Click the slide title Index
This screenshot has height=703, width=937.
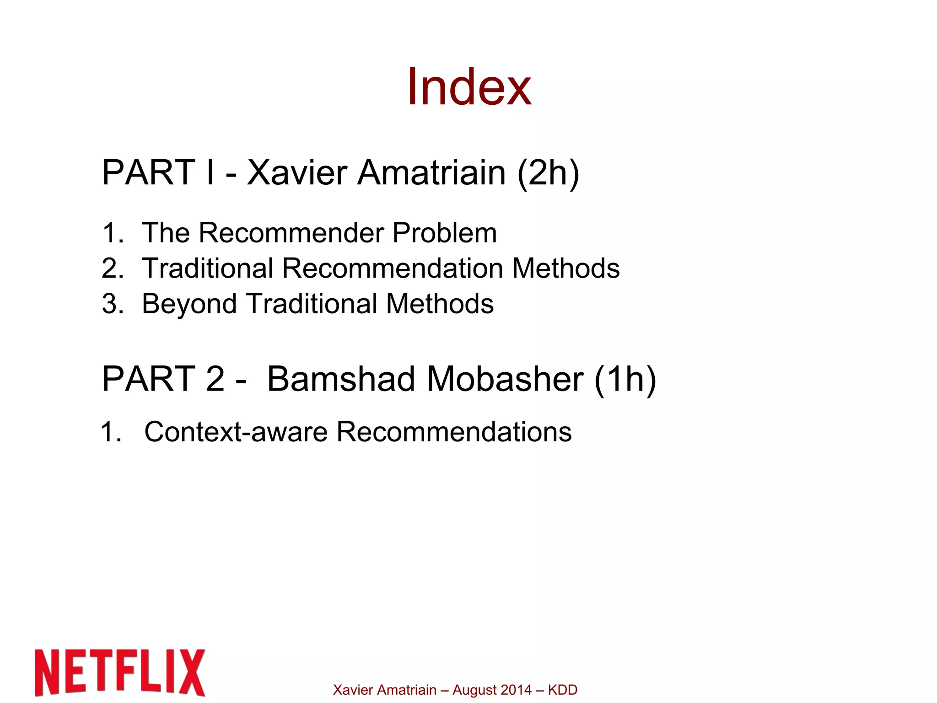point(468,87)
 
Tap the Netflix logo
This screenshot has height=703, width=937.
point(120,672)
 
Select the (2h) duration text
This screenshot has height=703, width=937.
point(548,173)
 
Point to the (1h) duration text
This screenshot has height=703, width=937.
point(625,379)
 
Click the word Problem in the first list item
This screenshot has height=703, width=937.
point(444,233)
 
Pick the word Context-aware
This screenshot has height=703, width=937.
point(236,432)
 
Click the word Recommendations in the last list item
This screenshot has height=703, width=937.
point(454,432)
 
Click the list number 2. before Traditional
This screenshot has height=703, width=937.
point(112,268)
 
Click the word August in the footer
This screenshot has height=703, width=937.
point(474,690)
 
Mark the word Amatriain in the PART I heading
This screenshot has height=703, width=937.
point(431,173)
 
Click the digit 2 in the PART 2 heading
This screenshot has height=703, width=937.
point(215,379)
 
